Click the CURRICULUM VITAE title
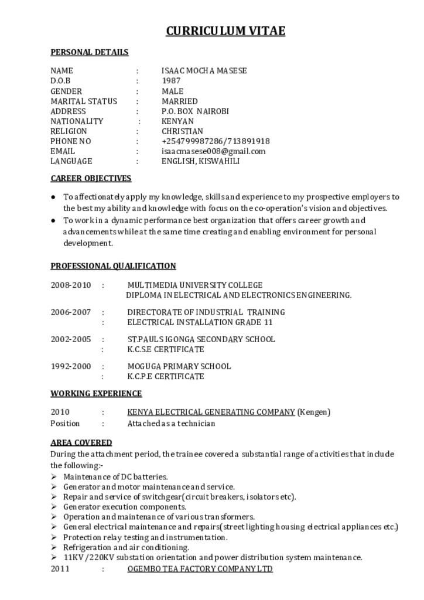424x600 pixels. pos(225,31)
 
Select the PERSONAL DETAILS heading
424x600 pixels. pos(89,52)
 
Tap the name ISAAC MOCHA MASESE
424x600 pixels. pos(204,71)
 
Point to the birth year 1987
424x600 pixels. pos(171,81)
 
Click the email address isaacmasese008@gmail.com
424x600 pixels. pos(213,151)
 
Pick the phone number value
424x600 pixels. pos(216,141)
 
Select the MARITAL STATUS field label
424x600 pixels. pos(84,101)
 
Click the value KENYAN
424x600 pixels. pos(177,121)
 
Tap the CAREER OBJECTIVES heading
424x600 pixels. pos(91,178)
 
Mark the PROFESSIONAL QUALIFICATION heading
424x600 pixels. pos(113,266)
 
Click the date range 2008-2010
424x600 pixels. pos(71,285)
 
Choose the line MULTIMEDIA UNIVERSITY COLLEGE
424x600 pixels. pos(195,285)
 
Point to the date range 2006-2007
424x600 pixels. pos(71,312)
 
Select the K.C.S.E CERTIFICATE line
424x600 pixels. pos(166,349)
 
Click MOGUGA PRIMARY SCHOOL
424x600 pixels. pos(179,366)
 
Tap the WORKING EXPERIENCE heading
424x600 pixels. pos(96,393)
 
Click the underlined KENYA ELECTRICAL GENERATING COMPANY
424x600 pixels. pos(211,412)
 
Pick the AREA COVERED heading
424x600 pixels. pos(81,442)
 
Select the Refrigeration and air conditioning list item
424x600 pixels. pos(126,547)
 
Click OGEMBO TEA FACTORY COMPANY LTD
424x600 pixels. pos(200,569)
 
